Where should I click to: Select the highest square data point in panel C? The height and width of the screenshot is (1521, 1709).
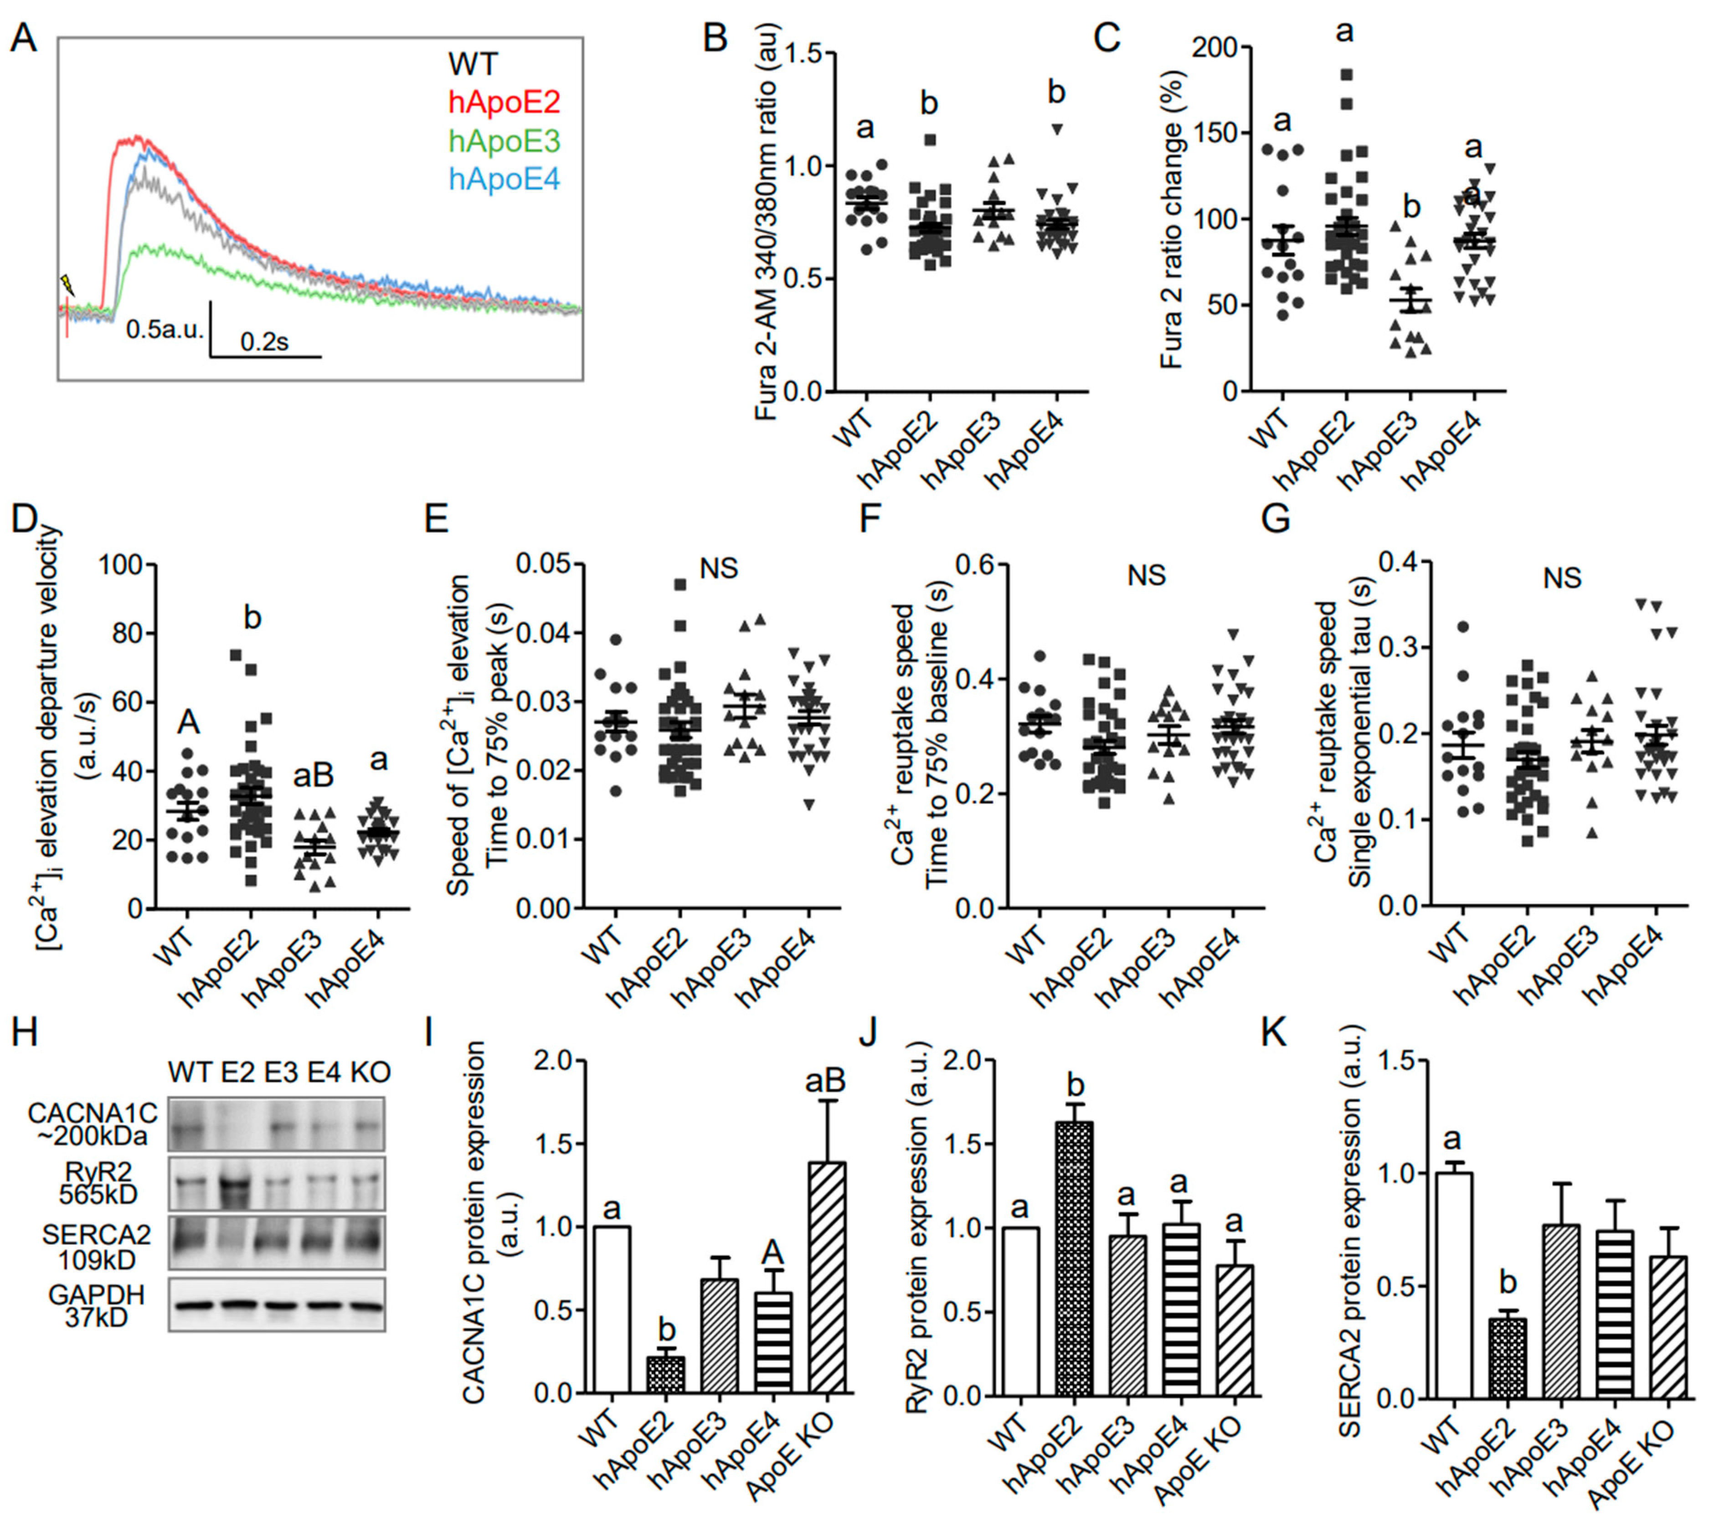point(1346,75)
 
